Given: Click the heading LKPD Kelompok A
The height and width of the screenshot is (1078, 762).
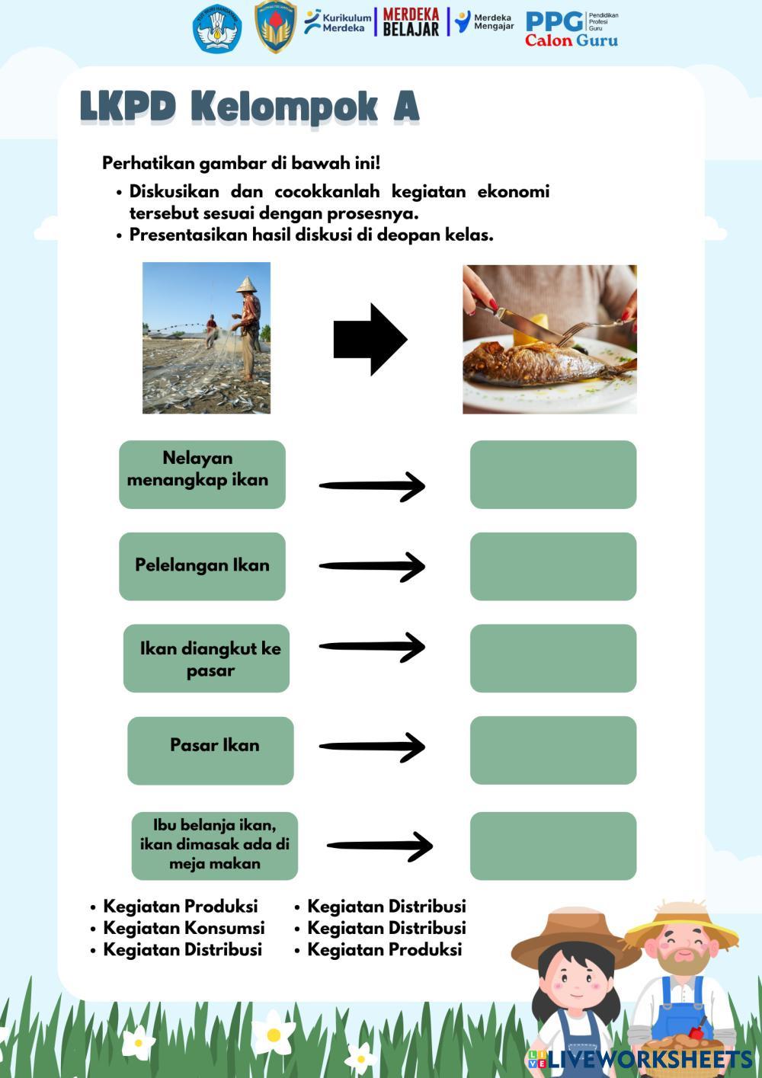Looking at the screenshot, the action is pos(249,107).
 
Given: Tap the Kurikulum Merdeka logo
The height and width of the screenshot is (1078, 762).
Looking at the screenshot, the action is pos(338,22).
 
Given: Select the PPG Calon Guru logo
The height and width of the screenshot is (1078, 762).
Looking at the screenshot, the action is pos(571,29).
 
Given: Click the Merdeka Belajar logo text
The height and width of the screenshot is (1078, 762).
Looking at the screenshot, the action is pos(411,22).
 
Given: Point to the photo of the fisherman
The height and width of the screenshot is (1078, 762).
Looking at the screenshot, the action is pos(207,337).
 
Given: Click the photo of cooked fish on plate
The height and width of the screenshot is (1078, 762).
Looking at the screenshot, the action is pos(549,339).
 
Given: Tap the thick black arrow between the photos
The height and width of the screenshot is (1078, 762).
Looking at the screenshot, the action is pos(370,339).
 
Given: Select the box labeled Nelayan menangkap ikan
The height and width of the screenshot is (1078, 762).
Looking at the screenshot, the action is pos(202,474).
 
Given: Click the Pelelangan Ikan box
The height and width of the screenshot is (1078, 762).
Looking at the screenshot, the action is pos(202,566).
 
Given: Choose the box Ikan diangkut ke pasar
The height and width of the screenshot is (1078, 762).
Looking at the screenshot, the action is pos(207,658).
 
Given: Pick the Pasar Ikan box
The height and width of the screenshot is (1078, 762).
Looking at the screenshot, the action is pos(210,750).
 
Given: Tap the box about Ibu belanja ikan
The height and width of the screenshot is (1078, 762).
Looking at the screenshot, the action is pos(214,845).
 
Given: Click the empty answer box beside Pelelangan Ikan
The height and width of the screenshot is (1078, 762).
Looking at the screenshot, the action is pos(552,566).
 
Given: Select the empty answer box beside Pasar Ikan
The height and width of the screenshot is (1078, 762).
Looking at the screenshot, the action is pos(552,750).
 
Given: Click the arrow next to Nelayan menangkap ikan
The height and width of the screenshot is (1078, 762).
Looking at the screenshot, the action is pos(372,486).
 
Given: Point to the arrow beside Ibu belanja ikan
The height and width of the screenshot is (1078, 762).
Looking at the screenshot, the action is pos(379,845).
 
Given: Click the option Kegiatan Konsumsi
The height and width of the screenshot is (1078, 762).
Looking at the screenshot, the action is pos(184,928).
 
